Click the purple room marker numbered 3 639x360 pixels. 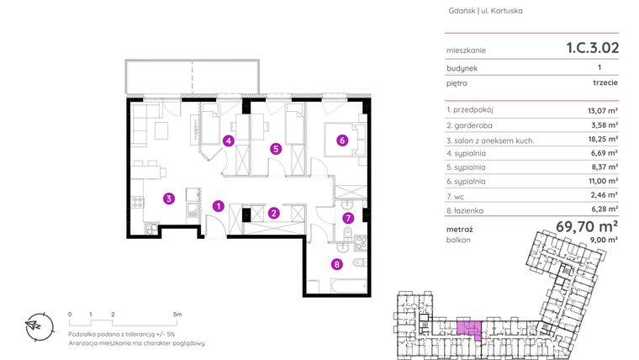169,199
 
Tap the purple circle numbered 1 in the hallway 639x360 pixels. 219,206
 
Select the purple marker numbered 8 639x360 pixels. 336,265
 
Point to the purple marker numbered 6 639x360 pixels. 342,140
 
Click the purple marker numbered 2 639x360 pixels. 274,213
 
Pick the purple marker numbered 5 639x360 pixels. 276,149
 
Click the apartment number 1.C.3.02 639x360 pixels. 593,48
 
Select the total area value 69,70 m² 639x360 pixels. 587,225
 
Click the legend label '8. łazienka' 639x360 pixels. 465,211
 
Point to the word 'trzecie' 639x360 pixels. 605,82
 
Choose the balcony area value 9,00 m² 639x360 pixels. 605,240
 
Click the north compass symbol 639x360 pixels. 40,326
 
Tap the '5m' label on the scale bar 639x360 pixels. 177,315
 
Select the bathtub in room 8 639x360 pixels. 349,286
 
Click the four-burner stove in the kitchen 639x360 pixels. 138,202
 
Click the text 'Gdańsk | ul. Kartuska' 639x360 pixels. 485,11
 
